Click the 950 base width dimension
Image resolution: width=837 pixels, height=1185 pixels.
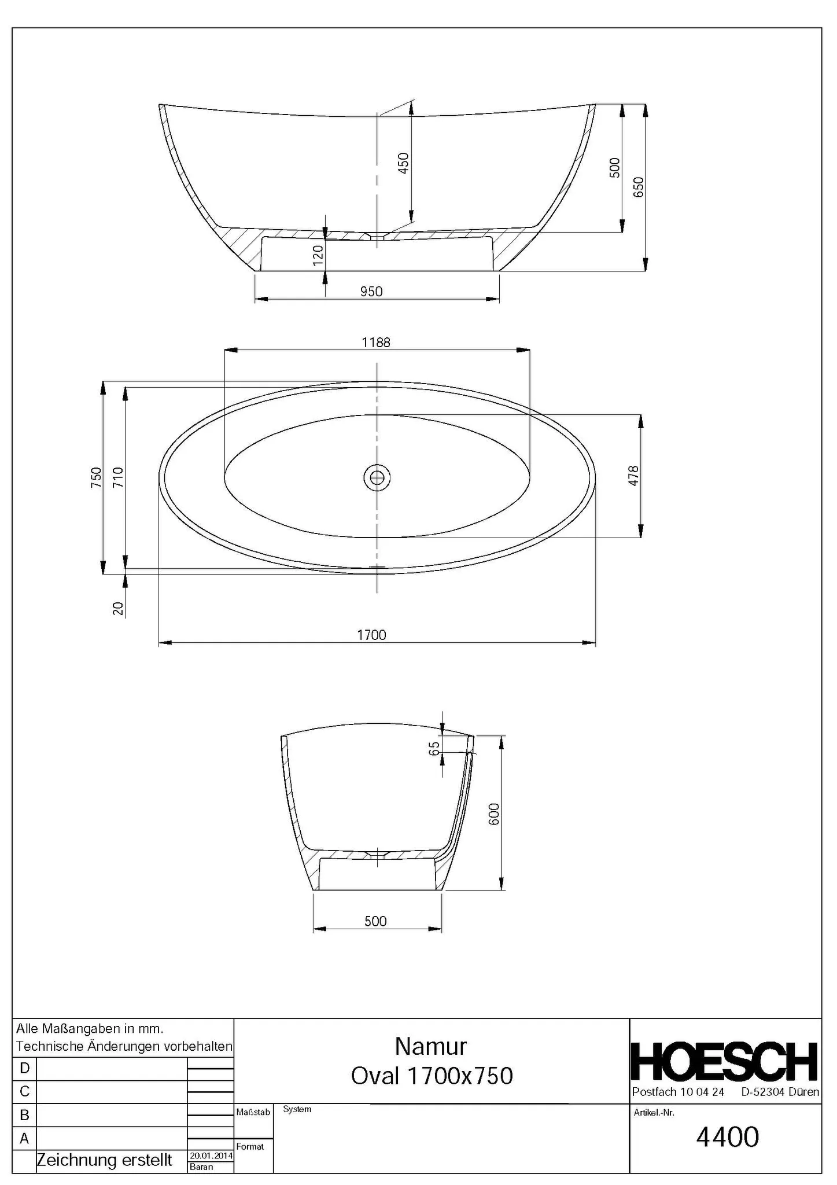(x=371, y=292)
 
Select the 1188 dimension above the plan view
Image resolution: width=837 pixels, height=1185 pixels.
(x=376, y=343)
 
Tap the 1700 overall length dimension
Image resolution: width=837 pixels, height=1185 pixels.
(x=371, y=635)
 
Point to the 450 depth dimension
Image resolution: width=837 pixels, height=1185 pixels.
(x=404, y=163)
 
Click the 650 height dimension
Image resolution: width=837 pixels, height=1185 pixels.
(x=638, y=187)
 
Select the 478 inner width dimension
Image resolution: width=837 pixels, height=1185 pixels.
(x=633, y=476)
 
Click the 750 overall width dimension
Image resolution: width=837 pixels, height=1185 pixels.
(x=96, y=477)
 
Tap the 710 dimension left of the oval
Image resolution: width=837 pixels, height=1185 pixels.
(x=117, y=477)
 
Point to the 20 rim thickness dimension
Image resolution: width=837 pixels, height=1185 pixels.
(x=118, y=608)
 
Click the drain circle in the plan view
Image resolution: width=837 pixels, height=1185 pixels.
(x=377, y=477)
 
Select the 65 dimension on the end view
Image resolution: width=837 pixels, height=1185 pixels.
(x=435, y=748)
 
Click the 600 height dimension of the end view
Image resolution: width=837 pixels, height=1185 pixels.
(x=494, y=814)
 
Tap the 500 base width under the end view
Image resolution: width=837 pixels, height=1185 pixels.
(x=375, y=921)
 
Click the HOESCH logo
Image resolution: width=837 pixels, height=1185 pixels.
(x=724, y=1062)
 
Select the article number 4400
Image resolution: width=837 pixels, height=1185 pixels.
(x=727, y=1137)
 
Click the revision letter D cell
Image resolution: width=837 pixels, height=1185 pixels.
(x=24, y=1068)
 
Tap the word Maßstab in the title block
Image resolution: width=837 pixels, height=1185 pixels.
(x=253, y=1112)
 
